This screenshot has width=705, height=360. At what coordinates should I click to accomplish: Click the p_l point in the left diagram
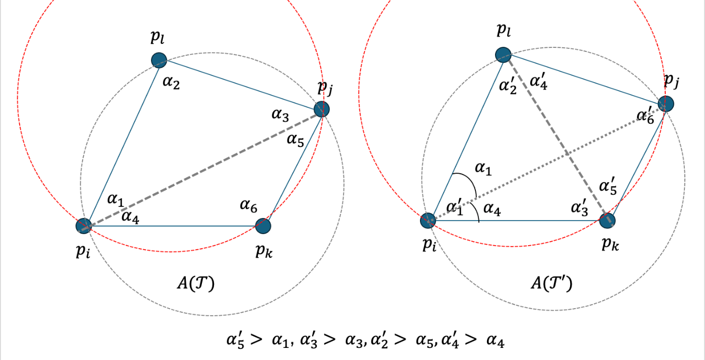(159, 60)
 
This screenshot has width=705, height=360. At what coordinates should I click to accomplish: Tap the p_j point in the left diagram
(321, 109)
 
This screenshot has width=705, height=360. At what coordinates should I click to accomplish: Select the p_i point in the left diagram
(84, 226)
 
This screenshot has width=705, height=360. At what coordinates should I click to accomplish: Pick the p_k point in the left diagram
(263, 226)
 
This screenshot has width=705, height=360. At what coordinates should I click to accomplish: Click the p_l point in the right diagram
(504, 55)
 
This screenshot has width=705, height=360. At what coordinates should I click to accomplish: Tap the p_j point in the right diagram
(666, 104)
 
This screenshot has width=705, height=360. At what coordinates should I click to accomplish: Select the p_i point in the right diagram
(428, 220)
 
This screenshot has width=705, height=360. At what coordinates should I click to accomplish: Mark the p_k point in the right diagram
(608, 221)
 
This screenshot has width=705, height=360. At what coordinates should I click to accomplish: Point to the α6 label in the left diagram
(248, 205)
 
